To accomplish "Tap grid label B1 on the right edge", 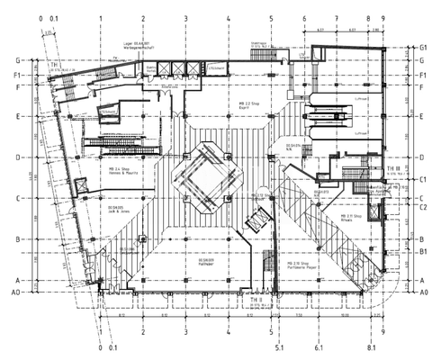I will coord(422,254).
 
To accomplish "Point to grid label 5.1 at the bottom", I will coord(279,346).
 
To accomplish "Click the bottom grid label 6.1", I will coord(319,346).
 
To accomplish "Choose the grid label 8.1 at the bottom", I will coord(371,346).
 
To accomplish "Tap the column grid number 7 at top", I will coord(336,18).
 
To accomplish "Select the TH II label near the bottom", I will coord(255,299).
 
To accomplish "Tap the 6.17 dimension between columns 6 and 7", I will coord(321,29).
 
